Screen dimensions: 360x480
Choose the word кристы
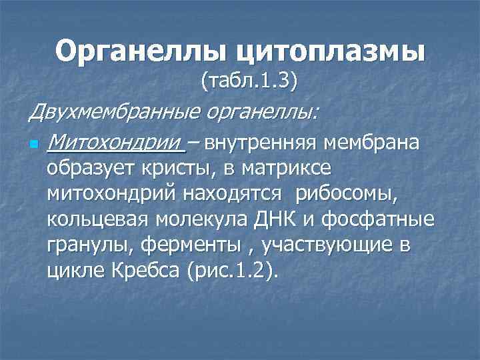tap(174, 168)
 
